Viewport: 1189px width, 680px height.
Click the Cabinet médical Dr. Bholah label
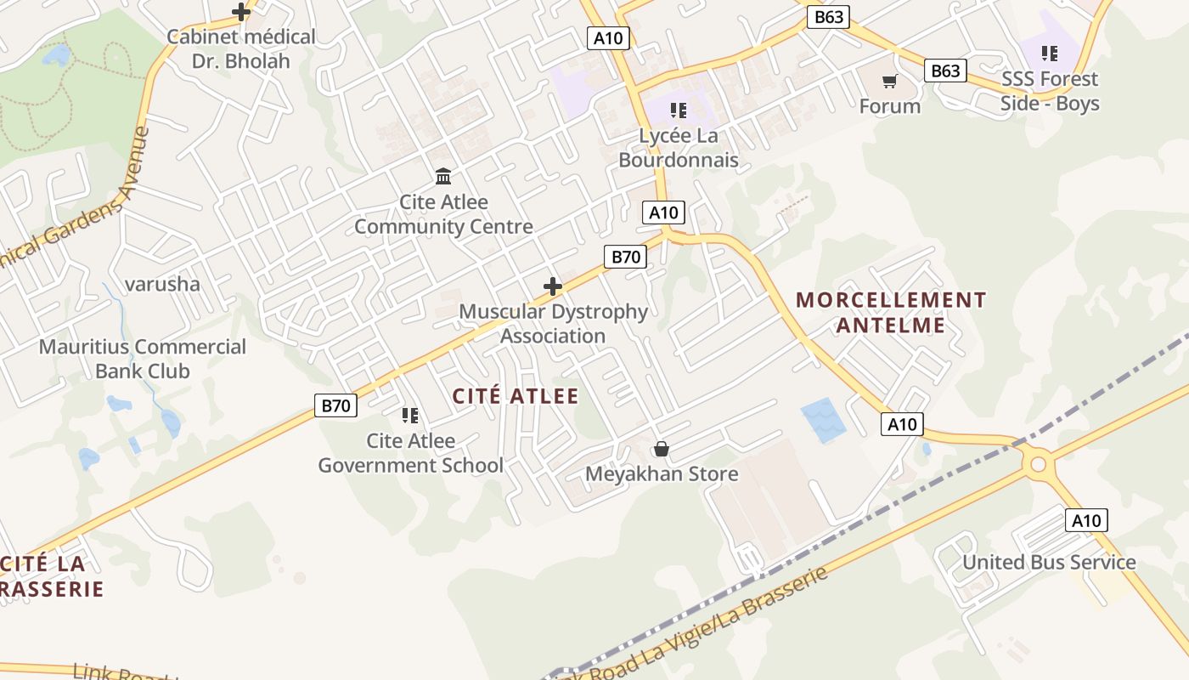[x=241, y=48]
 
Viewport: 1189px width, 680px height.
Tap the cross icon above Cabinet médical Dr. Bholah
[x=241, y=12]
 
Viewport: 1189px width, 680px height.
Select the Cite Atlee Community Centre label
[x=443, y=214]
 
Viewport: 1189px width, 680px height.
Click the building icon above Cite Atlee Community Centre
[x=443, y=177]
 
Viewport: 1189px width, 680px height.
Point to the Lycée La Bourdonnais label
[x=678, y=148]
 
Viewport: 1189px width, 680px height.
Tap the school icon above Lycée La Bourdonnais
[x=678, y=110]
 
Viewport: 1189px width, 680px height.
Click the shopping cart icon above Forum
[x=889, y=81]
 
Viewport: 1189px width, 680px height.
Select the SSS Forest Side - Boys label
[x=1050, y=91]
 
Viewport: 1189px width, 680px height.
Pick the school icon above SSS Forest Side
[x=1050, y=54]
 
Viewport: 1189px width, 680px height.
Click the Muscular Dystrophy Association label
[x=553, y=324]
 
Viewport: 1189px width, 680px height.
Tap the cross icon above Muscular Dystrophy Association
[x=553, y=286]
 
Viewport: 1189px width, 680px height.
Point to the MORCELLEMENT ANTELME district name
[x=891, y=312]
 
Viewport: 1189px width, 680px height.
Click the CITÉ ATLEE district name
[x=516, y=396]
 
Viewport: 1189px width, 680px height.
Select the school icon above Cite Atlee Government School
[x=410, y=416]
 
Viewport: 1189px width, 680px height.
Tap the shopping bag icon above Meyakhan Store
[x=662, y=449]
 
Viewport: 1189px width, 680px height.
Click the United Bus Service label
[x=1049, y=563]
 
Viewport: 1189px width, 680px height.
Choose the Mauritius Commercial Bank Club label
[x=143, y=359]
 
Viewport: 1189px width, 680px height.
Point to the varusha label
[x=162, y=284]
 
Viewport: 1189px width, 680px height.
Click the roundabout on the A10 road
[x=1038, y=464]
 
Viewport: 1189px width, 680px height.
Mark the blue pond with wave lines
[x=823, y=420]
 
